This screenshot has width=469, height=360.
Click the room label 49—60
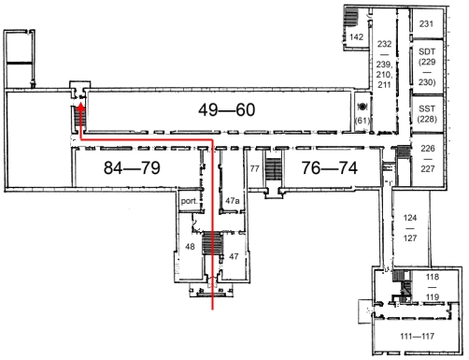coord(227,109)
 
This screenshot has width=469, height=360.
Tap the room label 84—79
coord(132,167)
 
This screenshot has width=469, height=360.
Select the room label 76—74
coord(330,167)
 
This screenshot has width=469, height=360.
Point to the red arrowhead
coord(81,108)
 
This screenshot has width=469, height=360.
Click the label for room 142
coord(356,37)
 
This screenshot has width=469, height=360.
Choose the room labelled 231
coord(426,23)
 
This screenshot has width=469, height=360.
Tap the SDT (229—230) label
coord(427,66)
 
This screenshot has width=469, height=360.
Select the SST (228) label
coord(427,114)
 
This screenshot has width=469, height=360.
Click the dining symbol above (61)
coord(362,107)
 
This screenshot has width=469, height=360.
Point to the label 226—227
coord(428,158)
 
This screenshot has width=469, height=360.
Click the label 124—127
coord(410,228)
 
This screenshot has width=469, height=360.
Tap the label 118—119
coord(433,287)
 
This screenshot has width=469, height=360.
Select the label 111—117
coord(417,336)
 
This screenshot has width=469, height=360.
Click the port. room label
coord(190,201)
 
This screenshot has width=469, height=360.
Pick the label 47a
coord(233,201)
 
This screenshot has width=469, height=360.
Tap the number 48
coord(190,247)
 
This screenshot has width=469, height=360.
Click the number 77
coord(255,168)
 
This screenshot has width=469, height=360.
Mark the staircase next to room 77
coord(274,169)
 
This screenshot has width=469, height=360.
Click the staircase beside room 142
coord(350,18)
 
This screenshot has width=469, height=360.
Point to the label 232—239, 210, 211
coord(384,65)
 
